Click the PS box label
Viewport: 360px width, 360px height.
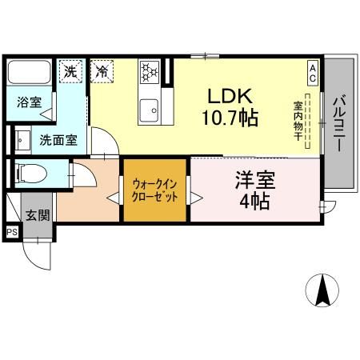[x=12, y=232]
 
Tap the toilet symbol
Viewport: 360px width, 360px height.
[x=30, y=172]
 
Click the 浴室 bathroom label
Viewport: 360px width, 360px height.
[x=30, y=103]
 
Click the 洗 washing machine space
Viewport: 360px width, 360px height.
[x=73, y=70]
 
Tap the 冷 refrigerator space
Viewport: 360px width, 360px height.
[x=102, y=70]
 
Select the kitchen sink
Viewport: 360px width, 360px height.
[x=149, y=106]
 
